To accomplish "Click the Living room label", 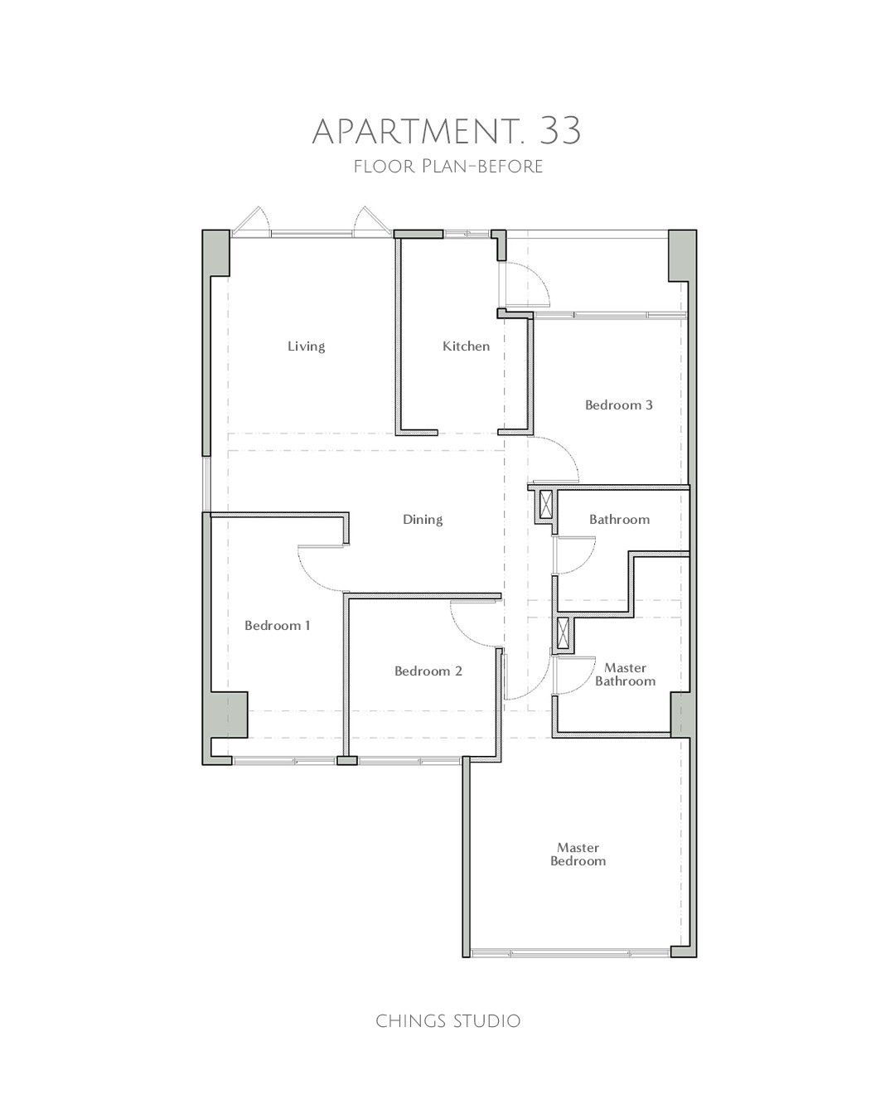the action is point(307,346).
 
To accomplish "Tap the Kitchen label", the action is point(466,346).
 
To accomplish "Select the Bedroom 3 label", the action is point(618,405).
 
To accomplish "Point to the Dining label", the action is point(423,520).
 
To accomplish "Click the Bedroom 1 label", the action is point(277,625).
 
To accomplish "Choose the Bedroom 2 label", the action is point(428,671).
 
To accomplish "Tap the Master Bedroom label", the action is point(578,855).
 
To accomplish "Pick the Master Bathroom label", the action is point(625,675).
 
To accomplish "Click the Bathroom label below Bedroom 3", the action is point(619,520).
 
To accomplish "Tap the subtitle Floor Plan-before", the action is point(447,167).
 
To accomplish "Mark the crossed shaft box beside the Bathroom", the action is point(546,505).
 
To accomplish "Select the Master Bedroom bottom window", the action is point(570,952).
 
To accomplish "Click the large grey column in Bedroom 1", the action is point(229,714).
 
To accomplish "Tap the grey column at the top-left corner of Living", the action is point(215,254).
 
